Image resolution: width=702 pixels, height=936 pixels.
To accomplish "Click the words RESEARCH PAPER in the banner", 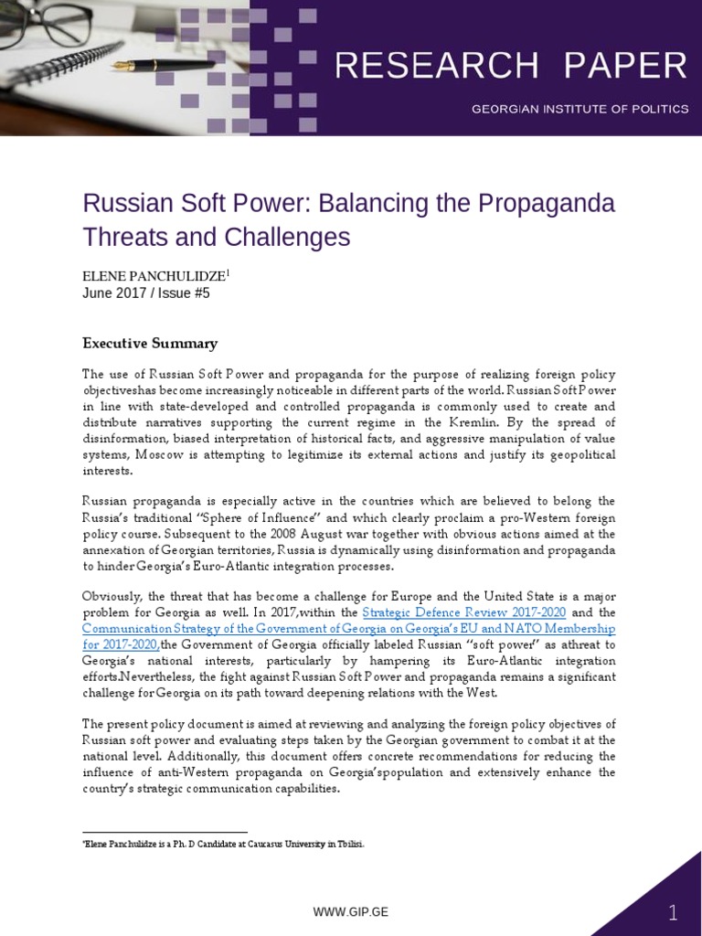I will (511, 66).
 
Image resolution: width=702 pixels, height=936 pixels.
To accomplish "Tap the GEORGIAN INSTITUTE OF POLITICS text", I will (580, 109).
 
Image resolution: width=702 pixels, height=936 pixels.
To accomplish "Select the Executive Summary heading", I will (150, 344).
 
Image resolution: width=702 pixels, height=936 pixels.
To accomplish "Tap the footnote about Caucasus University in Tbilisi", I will (223, 844).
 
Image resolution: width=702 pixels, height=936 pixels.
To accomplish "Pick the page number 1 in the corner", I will (673, 912).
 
